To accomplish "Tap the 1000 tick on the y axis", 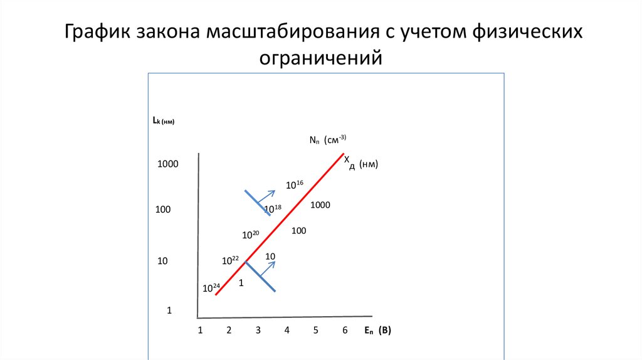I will coord(168,164).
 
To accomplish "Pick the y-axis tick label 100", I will coord(163,209).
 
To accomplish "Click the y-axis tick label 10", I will coord(162,261).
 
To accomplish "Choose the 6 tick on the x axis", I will coord(345,330).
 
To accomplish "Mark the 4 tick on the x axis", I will coord(287,330).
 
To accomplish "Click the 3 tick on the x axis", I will coord(258,330).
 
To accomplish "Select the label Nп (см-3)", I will coord(327,140).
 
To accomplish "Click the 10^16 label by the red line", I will coord(294,184).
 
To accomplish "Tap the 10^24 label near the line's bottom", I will coord(211,289).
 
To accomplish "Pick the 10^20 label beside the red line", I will coord(251,235).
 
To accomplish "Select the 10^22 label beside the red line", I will coord(231,260).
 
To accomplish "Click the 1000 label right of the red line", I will coord(320,205).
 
